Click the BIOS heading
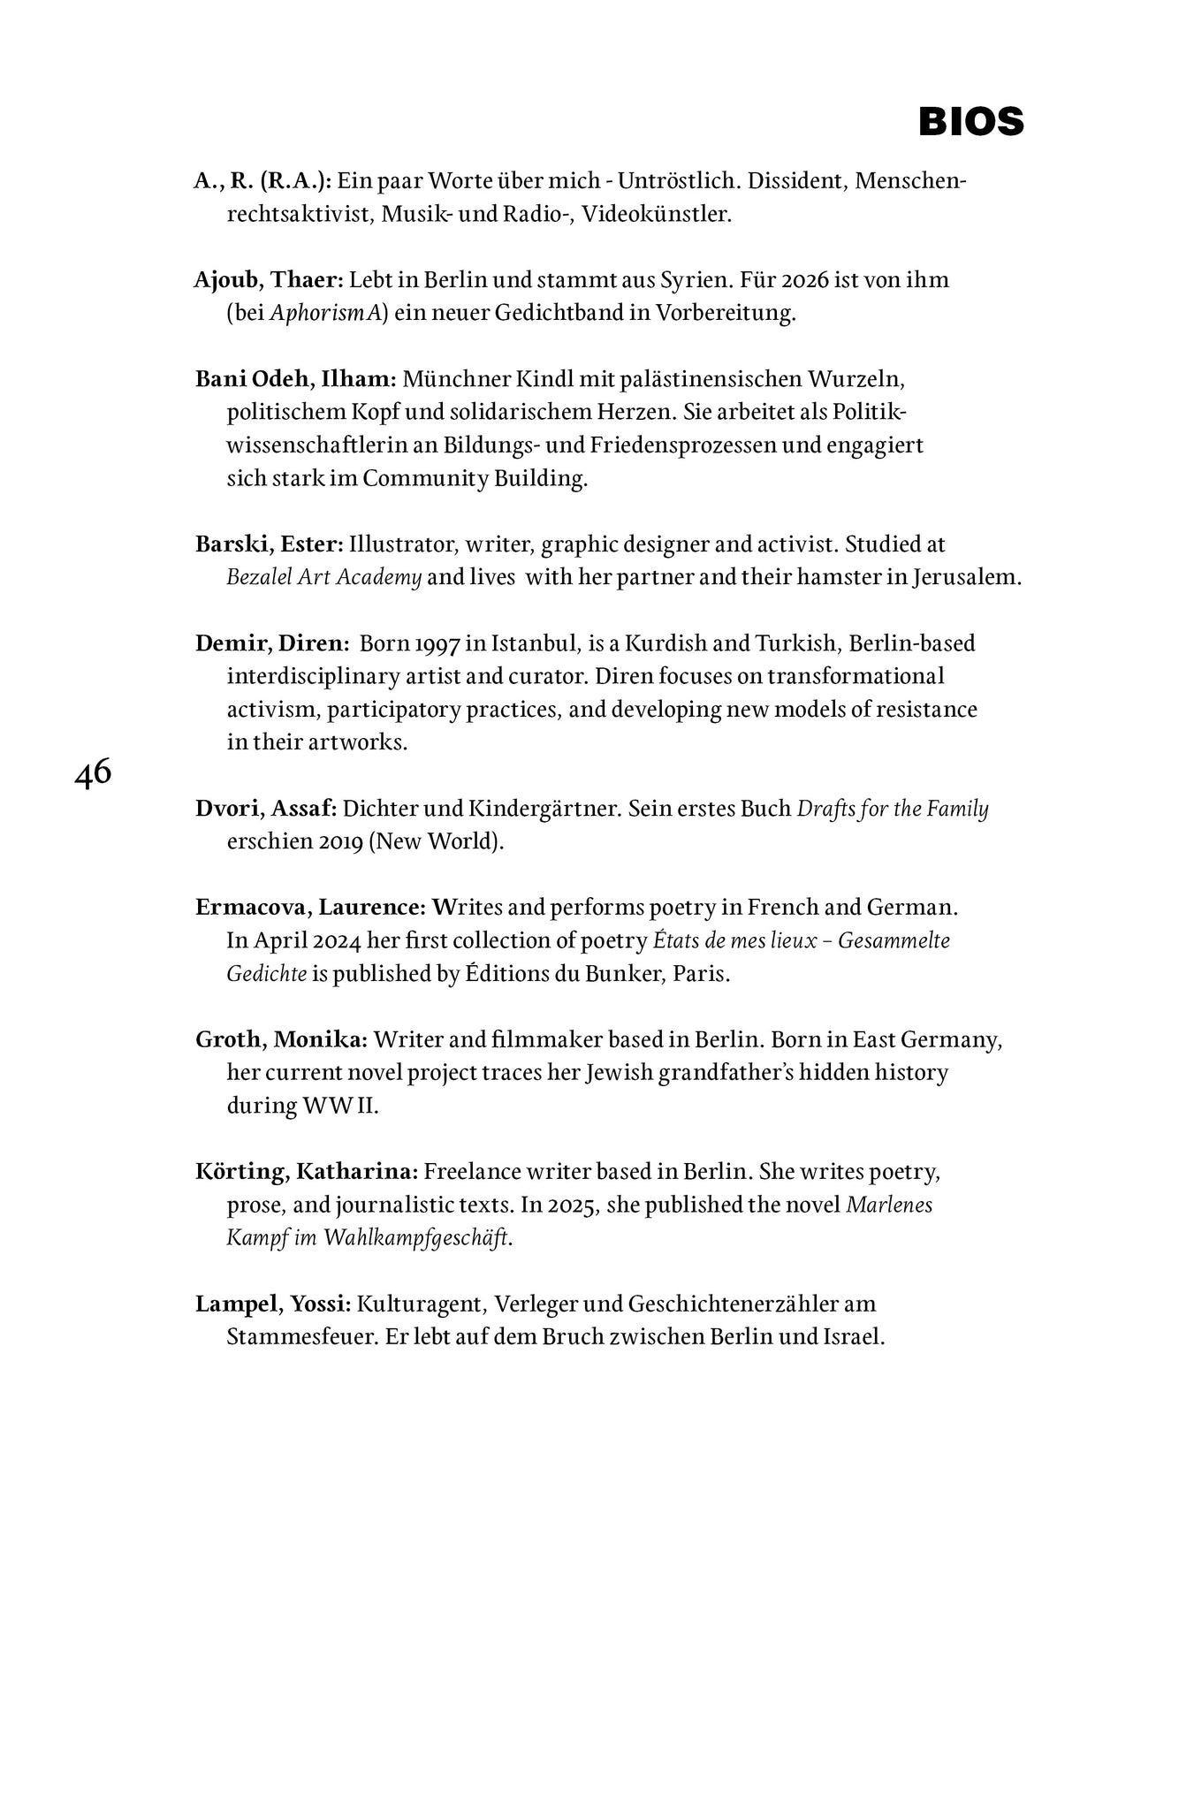[x=970, y=122]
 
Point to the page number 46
[x=93, y=774]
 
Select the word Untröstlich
[x=675, y=181]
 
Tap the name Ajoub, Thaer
[x=268, y=280]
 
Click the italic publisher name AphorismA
[x=328, y=314]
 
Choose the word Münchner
[x=446, y=379]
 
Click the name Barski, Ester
[x=269, y=544]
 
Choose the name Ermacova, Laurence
[x=311, y=908]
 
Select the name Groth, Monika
[x=281, y=1040]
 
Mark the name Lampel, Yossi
[x=273, y=1304]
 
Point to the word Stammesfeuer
[x=301, y=1336]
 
